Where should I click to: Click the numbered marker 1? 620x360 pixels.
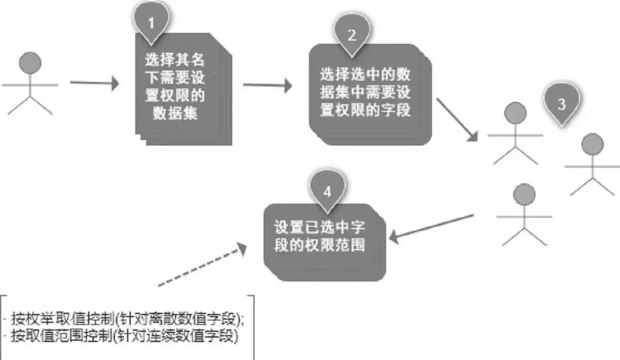coord(152,24)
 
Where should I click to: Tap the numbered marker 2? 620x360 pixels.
coord(352,35)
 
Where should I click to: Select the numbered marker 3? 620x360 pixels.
coord(561,104)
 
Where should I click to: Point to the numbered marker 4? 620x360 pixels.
coord(327,191)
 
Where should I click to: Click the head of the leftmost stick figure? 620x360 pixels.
coord(30,63)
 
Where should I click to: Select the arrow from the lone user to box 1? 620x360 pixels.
coord(94,84)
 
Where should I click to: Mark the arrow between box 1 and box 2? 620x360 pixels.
coord(267,86)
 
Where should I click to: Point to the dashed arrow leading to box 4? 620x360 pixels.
coord(202,265)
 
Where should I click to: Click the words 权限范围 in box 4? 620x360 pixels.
coord(344,245)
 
